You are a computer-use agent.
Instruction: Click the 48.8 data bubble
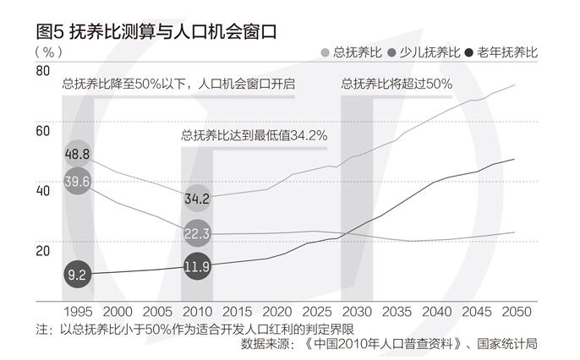point(77,155)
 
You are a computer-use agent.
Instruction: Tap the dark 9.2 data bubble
point(77,274)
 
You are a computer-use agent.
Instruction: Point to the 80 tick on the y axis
point(42,72)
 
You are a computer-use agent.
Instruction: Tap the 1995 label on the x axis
point(77,312)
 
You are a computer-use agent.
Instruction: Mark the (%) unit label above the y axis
point(49,51)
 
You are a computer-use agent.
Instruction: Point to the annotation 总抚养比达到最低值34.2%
point(254,134)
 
